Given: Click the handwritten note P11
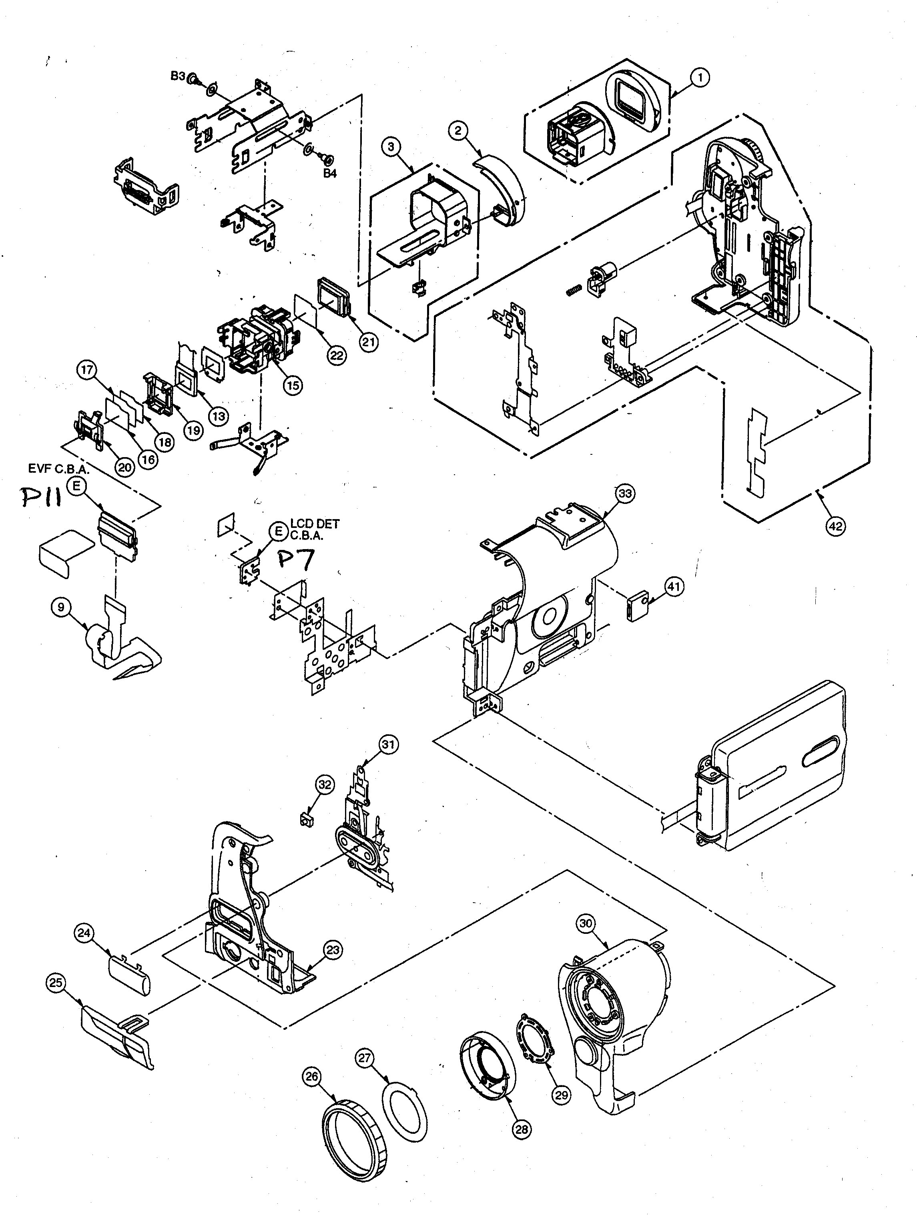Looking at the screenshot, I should [41, 498].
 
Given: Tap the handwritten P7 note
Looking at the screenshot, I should [296, 560].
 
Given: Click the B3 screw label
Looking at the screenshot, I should [178, 76].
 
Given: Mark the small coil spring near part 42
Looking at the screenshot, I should [574, 290].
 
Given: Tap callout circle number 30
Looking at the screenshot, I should [586, 923].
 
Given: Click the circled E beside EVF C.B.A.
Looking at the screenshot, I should [78, 486].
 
